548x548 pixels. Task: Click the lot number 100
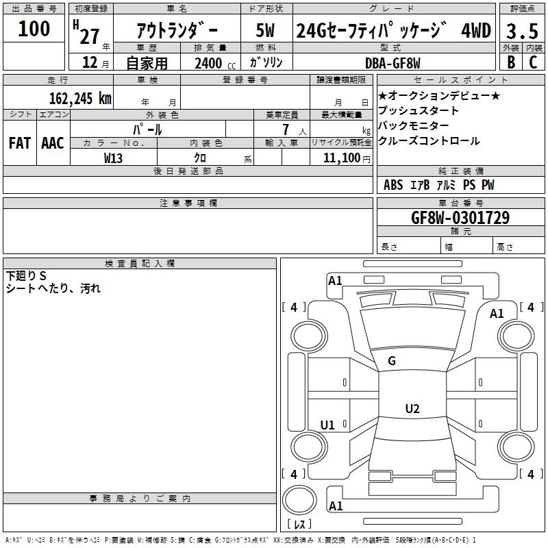(34, 28)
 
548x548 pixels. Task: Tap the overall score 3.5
(522, 31)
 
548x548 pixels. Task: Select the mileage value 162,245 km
(80, 99)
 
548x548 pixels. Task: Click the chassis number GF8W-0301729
(460, 217)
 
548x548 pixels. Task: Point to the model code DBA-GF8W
(393, 63)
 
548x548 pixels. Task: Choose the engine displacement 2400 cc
(215, 63)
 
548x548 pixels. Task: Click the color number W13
(113, 158)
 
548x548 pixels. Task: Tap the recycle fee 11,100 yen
(347, 158)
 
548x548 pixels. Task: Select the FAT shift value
(20, 143)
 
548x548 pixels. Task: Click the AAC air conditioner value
(53, 143)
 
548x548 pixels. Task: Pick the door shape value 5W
(265, 30)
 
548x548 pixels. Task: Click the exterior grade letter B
(511, 62)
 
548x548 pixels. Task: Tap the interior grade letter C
(533, 62)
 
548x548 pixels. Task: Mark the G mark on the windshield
(392, 361)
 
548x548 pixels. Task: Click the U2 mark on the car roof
(412, 408)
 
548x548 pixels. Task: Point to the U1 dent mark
(327, 425)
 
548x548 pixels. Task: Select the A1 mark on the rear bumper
(336, 506)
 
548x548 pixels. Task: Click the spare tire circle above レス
(299, 499)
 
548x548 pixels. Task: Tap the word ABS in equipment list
(393, 185)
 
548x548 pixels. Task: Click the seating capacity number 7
(286, 129)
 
